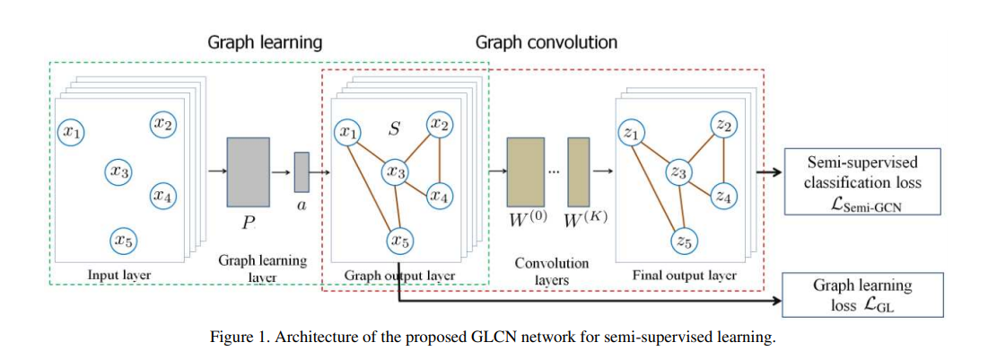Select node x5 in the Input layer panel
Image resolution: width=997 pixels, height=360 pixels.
(122, 240)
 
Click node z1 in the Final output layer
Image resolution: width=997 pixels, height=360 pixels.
(632, 133)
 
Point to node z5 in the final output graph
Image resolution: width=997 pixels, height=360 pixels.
(684, 240)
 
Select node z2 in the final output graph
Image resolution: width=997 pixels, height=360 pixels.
(725, 125)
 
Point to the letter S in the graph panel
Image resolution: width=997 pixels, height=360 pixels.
(393, 128)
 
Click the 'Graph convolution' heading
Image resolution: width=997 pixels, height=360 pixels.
(547, 42)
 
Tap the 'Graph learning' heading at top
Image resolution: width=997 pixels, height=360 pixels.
(265, 42)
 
